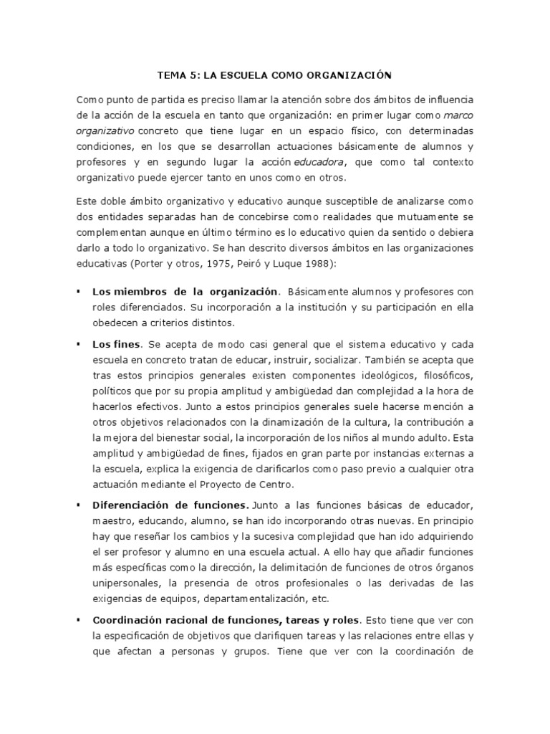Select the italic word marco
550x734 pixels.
click(x=460, y=113)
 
